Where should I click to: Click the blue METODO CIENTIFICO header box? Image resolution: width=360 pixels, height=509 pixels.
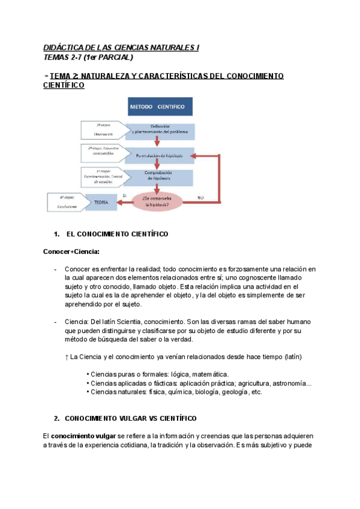(x=161, y=107)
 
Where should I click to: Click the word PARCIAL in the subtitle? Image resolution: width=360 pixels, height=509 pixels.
(x=115, y=58)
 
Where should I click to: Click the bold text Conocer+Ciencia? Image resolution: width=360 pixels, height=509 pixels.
(x=71, y=251)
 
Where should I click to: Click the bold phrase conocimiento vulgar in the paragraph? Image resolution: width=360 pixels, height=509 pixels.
(x=79, y=435)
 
